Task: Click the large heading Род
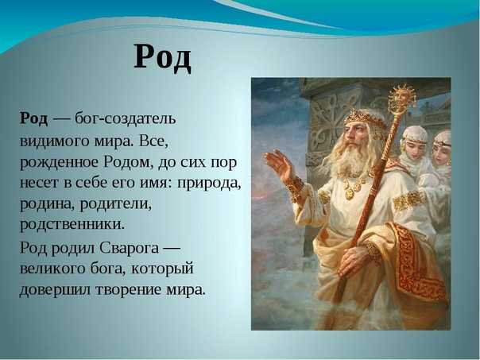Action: pyautogui.click(x=163, y=58)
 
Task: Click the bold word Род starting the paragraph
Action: pyautogui.click(x=34, y=118)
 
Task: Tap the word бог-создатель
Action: pyautogui.click(x=126, y=118)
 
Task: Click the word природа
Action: pyautogui.click(x=209, y=184)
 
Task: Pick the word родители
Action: pyautogui.click(x=116, y=203)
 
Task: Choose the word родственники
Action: pyautogui.click(x=72, y=225)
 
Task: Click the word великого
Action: pyautogui.click(x=52, y=269)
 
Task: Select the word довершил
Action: pyautogui.click(x=55, y=290)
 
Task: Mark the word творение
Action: pyautogui.click(x=128, y=289)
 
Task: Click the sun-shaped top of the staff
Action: pyautogui.click(x=401, y=98)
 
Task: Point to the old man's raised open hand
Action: pyautogui.click(x=280, y=165)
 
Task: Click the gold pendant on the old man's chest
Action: pyautogui.click(x=350, y=193)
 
